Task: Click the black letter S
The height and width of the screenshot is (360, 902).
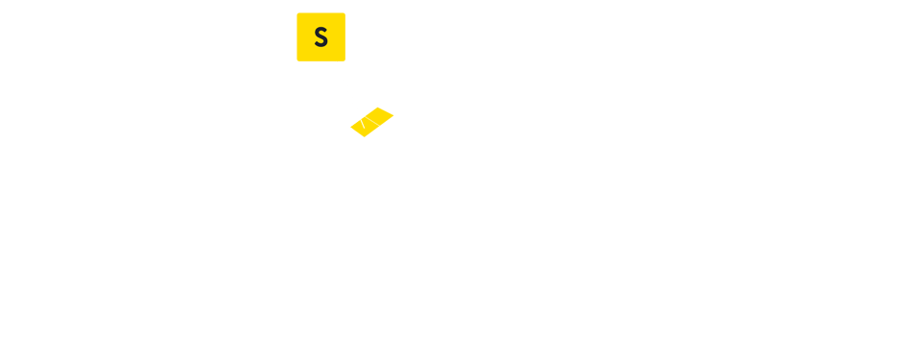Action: (x=320, y=37)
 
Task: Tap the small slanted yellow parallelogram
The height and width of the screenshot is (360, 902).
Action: (x=372, y=122)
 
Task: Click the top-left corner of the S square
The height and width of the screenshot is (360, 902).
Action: (x=297, y=13)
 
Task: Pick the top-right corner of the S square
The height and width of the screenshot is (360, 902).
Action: (x=344, y=13)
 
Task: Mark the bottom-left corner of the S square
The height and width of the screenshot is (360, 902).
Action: (x=297, y=60)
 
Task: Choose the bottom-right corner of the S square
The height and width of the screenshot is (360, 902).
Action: (x=344, y=60)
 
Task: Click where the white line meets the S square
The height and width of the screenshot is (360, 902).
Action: (x=336, y=61)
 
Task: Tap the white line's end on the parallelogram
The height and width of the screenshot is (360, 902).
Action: (x=363, y=123)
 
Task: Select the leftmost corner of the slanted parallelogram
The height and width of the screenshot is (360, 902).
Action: (x=351, y=127)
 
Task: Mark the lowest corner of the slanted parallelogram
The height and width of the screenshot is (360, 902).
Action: (x=365, y=136)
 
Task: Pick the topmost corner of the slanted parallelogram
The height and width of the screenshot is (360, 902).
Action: (x=381, y=107)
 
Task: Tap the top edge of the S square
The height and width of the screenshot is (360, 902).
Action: (x=320, y=13)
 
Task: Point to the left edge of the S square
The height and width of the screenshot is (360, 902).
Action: (x=297, y=37)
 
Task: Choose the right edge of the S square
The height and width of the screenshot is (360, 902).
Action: (x=344, y=37)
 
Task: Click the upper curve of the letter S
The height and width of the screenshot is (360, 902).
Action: (x=321, y=31)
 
